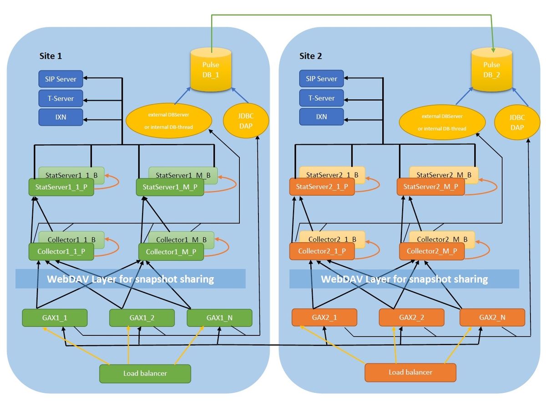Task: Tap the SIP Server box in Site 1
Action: pyautogui.click(x=61, y=79)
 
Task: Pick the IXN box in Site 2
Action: pyautogui.click(x=321, y=117)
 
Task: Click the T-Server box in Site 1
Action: pyautogui.click(x=61, y=98)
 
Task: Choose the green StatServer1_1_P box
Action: pyautogui.click(x=61, y=187)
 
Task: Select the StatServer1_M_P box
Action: pyautogui.click(x=170, y=187)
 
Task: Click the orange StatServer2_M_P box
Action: pyautogui.click(x=431, y=187)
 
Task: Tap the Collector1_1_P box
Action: pyautogui.click(x=61, y=251)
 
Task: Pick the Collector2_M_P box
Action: pyautogui.click(x=432, y=251)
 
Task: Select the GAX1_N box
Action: pyautogui.click(x=219, y=318)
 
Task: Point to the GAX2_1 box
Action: pyautogui.click(x=324, y=317)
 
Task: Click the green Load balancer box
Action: pyautogui.click(x=145, y=373)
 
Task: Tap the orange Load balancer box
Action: pyautogui.click(x=410, y=372)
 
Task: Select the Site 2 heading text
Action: pyautogui.click(x=311, y=56)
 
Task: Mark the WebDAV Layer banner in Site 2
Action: pyautogui.click(x=404, y=279)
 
